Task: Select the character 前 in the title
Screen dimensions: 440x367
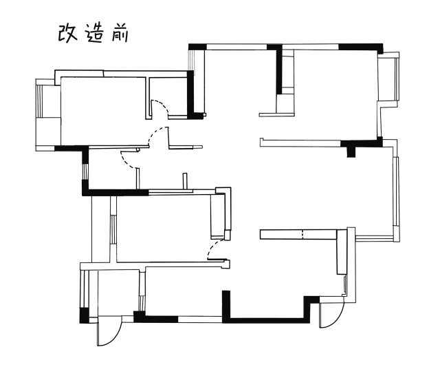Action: (x=120, y=34)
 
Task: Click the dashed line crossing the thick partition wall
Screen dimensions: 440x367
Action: (x=302, y=234)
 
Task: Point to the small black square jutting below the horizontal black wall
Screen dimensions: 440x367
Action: (x=351, y=152)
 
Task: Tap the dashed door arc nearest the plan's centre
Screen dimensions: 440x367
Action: (x=215, y=248)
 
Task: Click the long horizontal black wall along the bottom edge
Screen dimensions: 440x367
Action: (x=266, y=320)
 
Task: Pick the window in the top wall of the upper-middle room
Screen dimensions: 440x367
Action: (x=236, y=47)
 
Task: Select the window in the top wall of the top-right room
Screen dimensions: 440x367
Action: (x=311, y=47)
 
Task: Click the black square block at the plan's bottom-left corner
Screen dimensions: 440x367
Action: (x=84, y=315)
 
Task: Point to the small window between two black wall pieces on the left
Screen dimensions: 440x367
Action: (x=85, y=171)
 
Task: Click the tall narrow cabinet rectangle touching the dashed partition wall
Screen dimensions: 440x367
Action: (x=341, y=252)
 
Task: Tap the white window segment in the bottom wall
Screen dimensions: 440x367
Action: (x=200, y=319)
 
